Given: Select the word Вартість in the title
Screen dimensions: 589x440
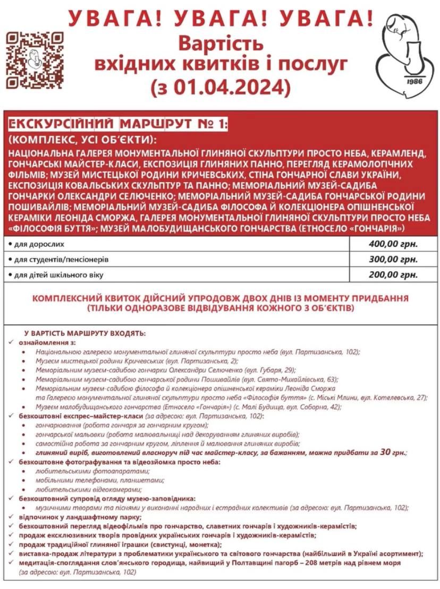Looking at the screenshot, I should pyautogui.click(x=221, y=41).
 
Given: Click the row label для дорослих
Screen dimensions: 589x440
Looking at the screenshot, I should pyautogui.click(x=40, y=245).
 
